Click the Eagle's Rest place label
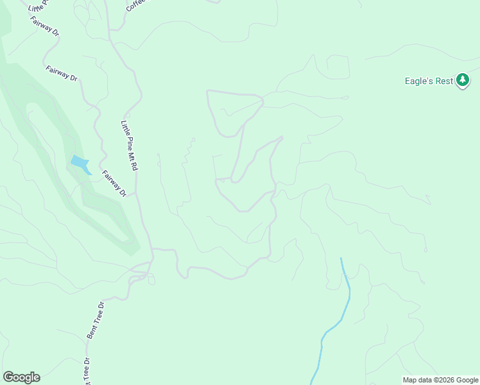tap(429, 81)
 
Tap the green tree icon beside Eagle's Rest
tap(463, 81)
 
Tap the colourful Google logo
tap(21, 377)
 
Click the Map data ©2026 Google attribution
tap(440, 380)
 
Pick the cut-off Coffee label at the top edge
tap(135, 5)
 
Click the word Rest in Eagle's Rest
tap(443, 81)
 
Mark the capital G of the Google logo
tap(8, 377)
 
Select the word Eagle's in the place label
tap(418, 81)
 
